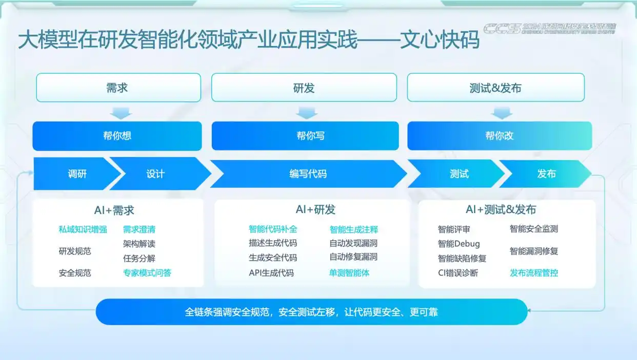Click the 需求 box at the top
(x=118, y=88)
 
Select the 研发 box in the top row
(x=304, y=88)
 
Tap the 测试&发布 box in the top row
(x=495, y=88)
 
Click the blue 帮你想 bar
(x=117, y=136)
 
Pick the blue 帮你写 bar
(x=305, y=136)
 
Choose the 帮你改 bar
(x=499, y=136)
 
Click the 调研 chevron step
(x=77, y=174)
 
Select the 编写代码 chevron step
(x=308, y=174)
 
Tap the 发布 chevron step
(x=546, y=174)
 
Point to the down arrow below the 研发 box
(x=307, y=113)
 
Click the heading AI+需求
(x=114, y=210)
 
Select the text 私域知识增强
(x=83, y=229)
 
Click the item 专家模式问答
(x=147, y=273)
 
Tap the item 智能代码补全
(x=273, y=229)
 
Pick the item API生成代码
(x=271, y=273)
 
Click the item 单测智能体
(x=349, y=273)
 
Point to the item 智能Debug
(x=459, y=244)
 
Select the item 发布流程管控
(x=534, y=273)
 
